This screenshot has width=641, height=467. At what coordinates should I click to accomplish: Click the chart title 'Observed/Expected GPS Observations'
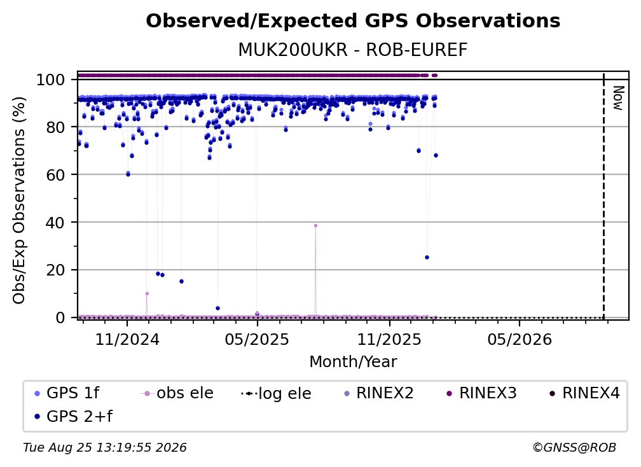pyautogui.click(x=353, y=21)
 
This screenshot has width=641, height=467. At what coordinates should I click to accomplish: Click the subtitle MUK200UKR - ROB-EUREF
pyautogui.click(x=353, y=50)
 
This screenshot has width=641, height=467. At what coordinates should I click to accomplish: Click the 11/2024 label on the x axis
pyautogui.click(x=127, y=339)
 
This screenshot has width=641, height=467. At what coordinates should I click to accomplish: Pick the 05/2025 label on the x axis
pyautogui.click(x=257, y=339)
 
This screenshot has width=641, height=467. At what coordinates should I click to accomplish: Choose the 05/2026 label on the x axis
pyautogui.click(x=520, y=339)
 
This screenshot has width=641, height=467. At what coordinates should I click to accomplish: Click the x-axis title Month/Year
pyautogui.click(x=353, y=361)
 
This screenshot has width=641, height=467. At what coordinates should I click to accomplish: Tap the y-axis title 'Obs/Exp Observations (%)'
pyautogui.click(x=19, y=200)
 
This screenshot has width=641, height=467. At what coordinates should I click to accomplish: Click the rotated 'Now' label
pyautogui.click(x=617, y=98)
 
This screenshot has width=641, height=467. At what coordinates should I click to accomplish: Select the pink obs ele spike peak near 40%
pyautogui.click(x=315, y=226)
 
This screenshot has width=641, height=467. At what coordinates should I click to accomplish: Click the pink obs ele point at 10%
pyautogui.click(x=147, y=293)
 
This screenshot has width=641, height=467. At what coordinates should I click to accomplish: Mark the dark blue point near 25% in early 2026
pyautogui.click(x=427, y=258)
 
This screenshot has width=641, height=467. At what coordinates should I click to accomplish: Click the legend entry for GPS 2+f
pyautogui.click(x=73, y=416)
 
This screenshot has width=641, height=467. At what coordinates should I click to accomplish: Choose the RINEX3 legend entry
pyautogui.click(x=481, y=393)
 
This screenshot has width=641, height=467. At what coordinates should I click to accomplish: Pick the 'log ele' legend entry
pyautogui.click(x=277, y=393)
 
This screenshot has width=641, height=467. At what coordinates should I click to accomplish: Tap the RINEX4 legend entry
pyautogui.click(x=584, y=393)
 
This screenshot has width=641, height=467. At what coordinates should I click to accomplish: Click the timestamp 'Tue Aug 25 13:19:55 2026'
pyautogui.click(x=105, y=448)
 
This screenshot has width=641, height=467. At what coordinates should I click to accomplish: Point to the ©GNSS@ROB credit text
pyautogui.click(x=574, y=448)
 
